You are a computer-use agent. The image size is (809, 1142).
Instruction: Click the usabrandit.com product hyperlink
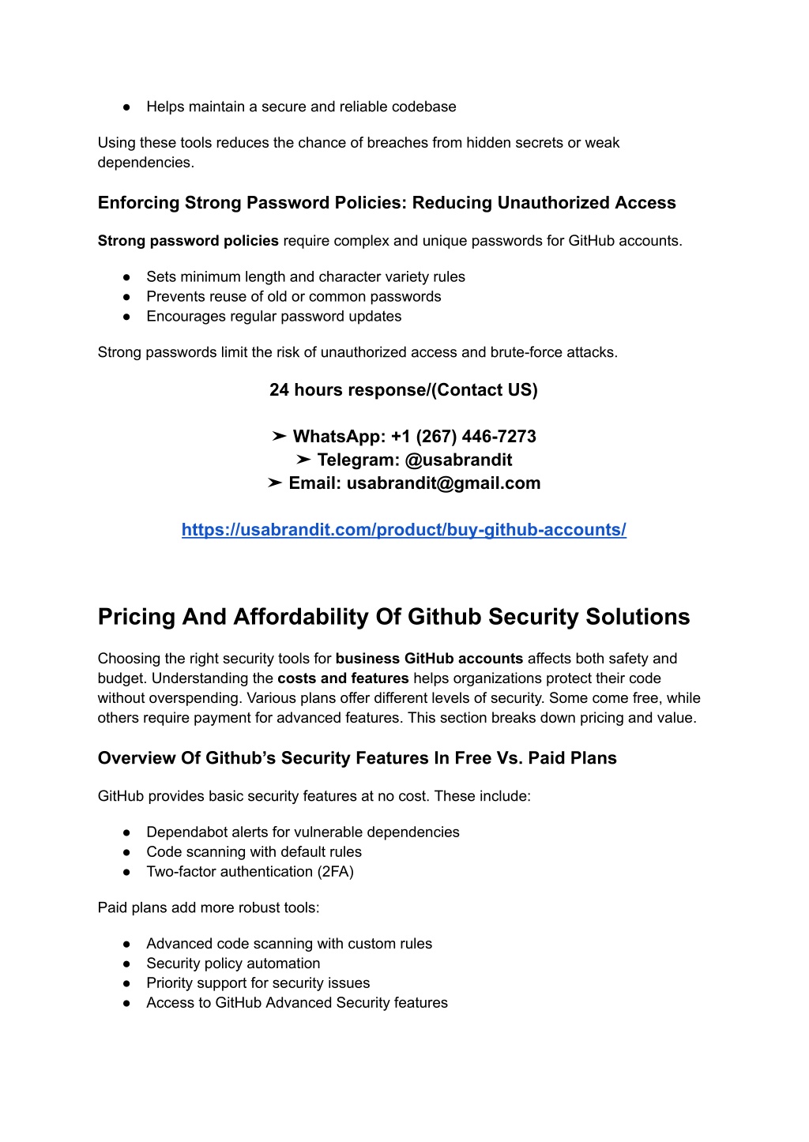[x=404, y=530]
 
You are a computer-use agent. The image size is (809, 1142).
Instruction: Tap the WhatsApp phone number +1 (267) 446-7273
[x=463, y=437]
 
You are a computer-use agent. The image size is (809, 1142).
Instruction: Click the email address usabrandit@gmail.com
[x=443, y=483]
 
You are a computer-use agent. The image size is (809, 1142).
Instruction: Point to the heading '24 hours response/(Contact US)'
[x=403, y=390]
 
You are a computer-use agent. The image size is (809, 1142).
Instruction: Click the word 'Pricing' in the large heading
[x=137, y=617]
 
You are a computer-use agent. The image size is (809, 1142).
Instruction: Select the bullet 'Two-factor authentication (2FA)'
[x=250, y=872]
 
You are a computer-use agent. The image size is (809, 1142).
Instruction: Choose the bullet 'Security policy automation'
[x=233, y=964]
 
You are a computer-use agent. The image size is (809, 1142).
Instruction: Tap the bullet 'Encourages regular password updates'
[x=273, y=317]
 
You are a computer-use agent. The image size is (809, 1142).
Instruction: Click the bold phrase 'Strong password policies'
[x=188, y=241]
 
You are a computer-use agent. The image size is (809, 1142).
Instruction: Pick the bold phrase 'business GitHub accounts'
[x=429, y=659]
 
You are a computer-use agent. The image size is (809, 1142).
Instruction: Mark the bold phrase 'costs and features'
[x=343, y=678]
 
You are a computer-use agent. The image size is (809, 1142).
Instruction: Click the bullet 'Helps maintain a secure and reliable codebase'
[x=301, y=107]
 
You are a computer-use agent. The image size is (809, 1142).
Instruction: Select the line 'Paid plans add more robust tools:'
[x=209, y=907]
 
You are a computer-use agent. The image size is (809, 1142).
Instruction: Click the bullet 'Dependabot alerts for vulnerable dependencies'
[x=303, y=832]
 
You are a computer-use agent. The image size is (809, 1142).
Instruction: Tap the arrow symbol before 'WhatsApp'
[x=279, y=437]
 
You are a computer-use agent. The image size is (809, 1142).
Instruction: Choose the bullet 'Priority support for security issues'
[x=258, y=983]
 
